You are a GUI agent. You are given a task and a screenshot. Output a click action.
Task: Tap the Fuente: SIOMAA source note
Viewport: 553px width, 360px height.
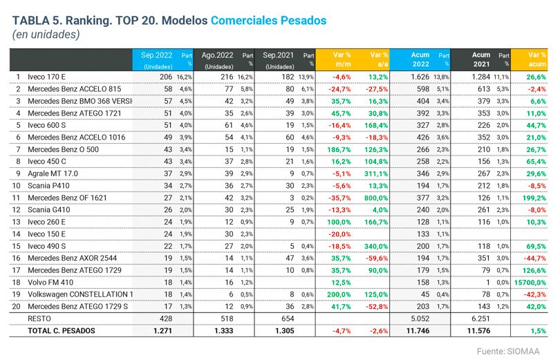(509, 351)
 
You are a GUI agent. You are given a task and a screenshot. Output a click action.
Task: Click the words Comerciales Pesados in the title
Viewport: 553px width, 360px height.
(268, 21)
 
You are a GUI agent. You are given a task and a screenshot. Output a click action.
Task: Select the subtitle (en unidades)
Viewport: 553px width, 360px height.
(46, 35)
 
